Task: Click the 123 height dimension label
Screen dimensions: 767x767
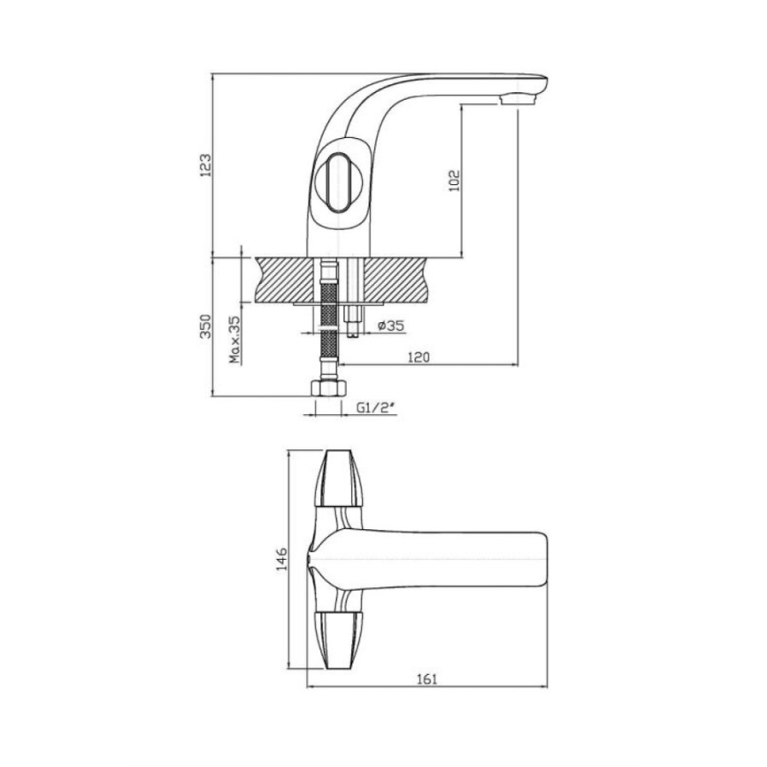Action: click(x=206, y=164)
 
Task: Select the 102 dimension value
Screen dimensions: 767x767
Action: click(x=454, y=180)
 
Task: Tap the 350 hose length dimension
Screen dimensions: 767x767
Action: click(x=206, y=326)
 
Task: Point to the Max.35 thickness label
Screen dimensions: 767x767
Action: click(x=235, y=339)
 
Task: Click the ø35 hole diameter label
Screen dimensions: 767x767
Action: click(x=391, y=326)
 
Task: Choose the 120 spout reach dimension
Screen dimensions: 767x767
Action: click(x=418, y=357)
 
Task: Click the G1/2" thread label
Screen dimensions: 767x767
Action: click(x=375, y=407)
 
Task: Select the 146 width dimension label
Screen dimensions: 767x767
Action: click(x=282, y=558)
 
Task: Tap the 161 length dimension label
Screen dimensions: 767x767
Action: click(x=427, y=679)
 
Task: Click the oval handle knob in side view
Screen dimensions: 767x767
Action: click(x=337, y=182)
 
